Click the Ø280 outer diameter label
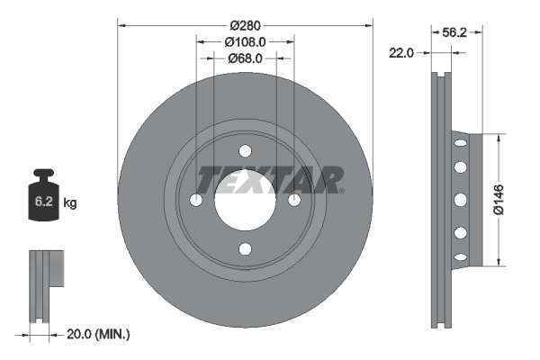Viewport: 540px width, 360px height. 245,24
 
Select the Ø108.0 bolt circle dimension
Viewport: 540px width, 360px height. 245,41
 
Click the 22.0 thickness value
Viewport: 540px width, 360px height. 401,53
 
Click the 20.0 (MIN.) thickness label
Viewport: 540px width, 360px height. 98,335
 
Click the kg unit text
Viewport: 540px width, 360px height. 70,203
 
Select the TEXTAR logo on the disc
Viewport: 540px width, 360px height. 269,179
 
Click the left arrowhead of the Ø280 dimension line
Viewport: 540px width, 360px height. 121,24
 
